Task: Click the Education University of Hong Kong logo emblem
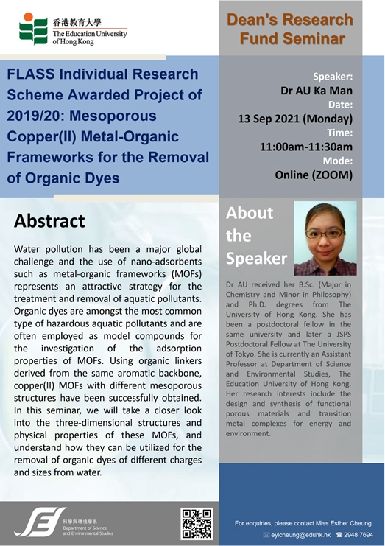tap(33, 29)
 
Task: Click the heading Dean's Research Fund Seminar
tap(290, 29)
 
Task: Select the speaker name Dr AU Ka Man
tap(317, 91)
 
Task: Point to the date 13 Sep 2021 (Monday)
tap(295, 119)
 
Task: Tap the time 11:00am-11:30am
tap(306, 147)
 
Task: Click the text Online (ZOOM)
tap(314, 175)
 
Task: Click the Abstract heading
tap(49, 221)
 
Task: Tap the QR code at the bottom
tap(197, 524)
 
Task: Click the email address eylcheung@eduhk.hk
tap(301, 534)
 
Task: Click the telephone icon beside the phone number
tap(339, 534)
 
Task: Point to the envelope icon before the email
tap(266, 534)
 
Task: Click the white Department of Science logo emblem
tap(40, 522)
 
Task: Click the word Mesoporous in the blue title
tap(113, 116)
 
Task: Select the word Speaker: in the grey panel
tap(333, 77)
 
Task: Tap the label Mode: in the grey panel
tap(338, 161)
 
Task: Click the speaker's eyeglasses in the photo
tap(325, 234)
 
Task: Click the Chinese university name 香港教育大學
tap(77, 23)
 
